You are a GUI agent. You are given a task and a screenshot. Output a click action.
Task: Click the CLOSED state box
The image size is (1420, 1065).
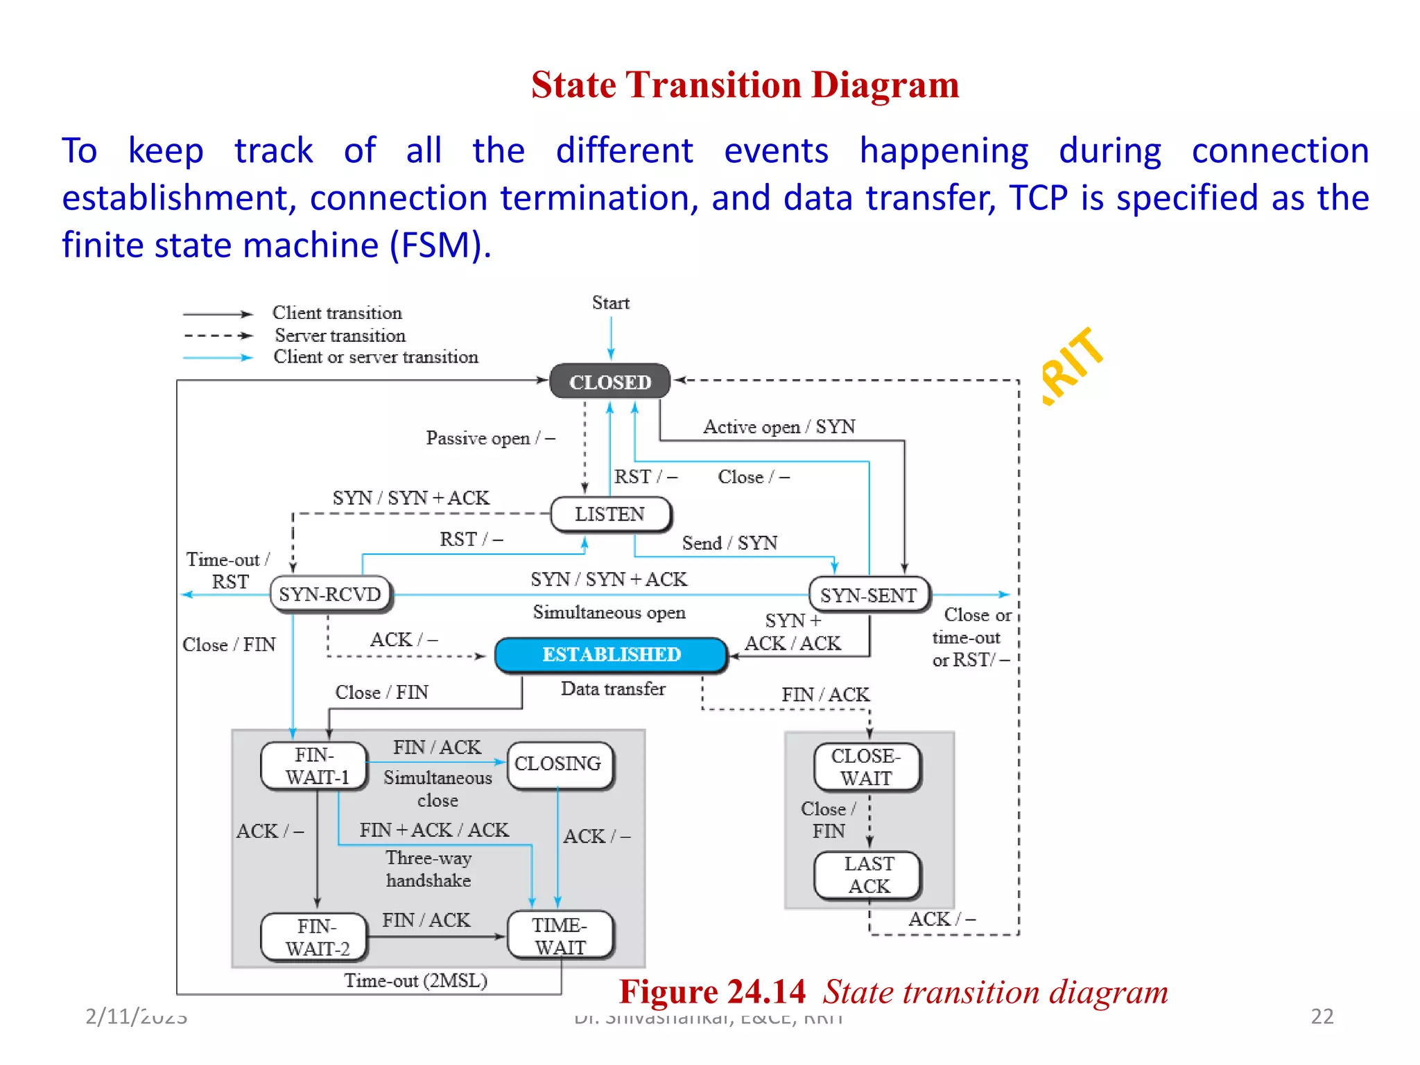coord(609,381)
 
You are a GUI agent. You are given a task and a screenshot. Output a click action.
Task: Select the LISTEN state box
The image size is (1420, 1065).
coord(609,514)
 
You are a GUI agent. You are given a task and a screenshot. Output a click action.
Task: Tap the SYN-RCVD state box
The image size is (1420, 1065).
coord(330,594)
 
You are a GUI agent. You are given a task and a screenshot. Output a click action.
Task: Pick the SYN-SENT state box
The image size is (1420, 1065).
coord(869,595)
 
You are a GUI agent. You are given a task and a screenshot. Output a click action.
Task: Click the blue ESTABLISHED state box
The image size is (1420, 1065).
coord(611,655)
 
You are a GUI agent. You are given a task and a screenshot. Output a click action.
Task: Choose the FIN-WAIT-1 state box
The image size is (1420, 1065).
coord(315,765)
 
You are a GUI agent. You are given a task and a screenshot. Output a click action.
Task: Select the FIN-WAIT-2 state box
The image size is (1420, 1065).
coord(315,937)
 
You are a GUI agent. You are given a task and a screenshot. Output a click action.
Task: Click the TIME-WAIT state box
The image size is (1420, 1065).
coord(560,936)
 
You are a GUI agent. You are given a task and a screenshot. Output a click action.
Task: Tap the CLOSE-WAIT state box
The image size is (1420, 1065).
coord(866,767)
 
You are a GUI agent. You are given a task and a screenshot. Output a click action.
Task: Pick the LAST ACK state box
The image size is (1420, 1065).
coord(869,875)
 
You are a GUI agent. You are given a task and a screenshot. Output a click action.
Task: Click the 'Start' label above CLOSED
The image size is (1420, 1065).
coord(610,303)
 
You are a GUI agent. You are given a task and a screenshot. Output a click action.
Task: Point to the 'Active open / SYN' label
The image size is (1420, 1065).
coord(779,426)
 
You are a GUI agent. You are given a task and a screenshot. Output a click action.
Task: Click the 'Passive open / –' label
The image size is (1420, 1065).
coord(490,438)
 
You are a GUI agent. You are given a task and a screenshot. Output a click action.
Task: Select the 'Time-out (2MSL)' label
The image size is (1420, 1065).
coord(416,980)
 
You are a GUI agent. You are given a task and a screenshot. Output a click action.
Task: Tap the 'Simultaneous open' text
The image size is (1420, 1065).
coord(609,612)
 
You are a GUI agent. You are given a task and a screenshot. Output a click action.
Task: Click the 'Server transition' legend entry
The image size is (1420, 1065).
coord(340,336)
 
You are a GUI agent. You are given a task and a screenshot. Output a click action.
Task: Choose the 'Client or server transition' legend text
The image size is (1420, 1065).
coord(376,357)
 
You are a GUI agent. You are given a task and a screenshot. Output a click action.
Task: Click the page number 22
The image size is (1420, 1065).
coord(1322,1016)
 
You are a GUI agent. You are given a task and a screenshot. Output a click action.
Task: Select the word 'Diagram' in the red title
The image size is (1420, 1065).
coord(885,85)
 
